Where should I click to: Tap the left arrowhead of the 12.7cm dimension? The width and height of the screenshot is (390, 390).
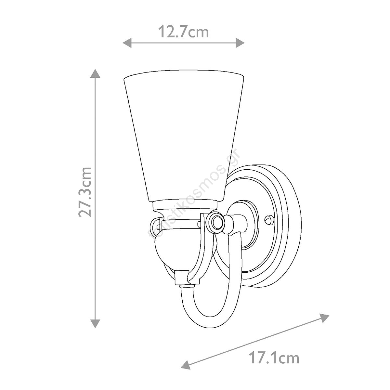click(x=127, y=43)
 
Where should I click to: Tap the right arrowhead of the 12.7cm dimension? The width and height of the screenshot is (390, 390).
click(x=240, y=43)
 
